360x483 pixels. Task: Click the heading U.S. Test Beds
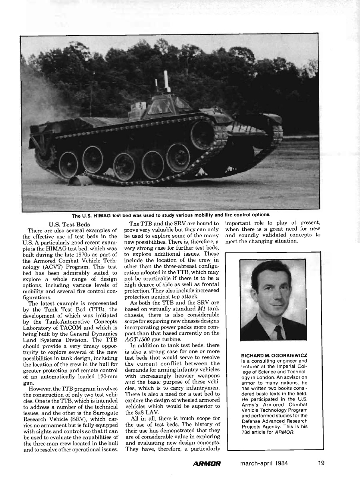[x=69, y=224]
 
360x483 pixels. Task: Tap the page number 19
[x=321, y=463]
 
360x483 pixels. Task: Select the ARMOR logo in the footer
[x=207, y=464]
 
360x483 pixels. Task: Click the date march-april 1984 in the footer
[x=264, y=463]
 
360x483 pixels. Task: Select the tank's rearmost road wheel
[x=68, y=164]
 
